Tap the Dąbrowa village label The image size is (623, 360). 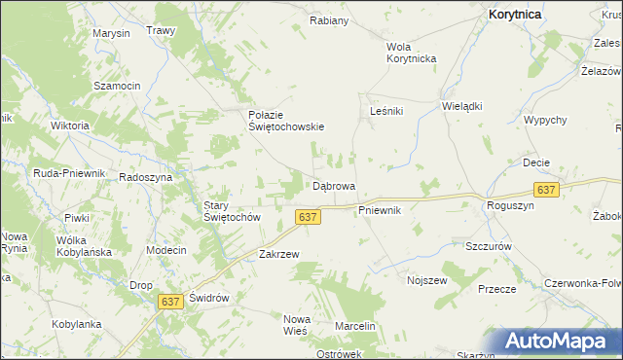point(333,185)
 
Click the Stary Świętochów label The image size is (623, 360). point(230,211)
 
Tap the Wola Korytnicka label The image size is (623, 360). point(411,53)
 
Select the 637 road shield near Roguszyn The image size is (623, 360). point(546,190)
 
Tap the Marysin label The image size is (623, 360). point(111,33)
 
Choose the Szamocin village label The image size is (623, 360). point(117,86)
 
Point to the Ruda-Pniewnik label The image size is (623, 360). point(68,172)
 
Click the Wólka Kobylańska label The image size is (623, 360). point(85,245)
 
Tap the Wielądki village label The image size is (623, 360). point(462,106)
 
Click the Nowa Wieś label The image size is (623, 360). point(295,325)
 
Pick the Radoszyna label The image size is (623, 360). point(145,177)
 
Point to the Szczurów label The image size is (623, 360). point(489,247)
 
